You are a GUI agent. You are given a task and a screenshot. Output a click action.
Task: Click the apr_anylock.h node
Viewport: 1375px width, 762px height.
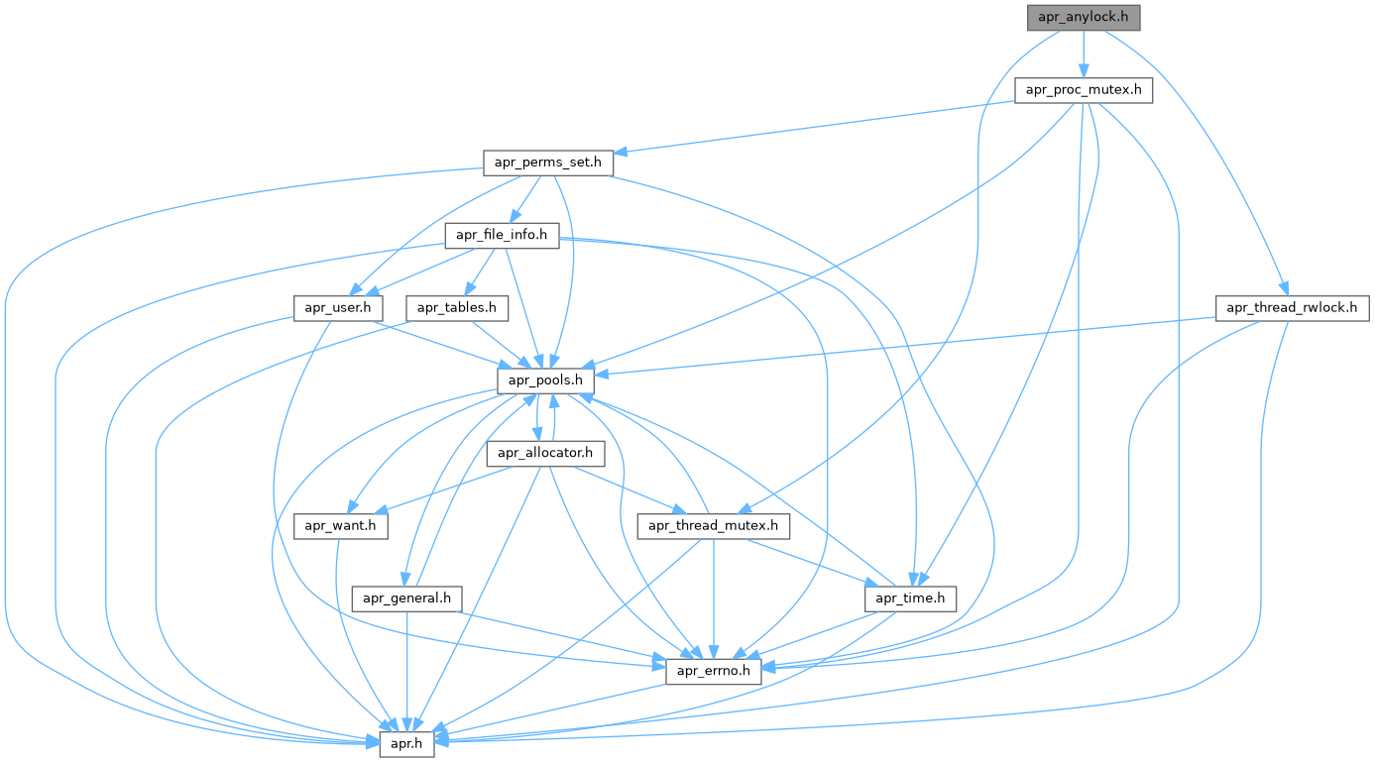click(1084, 17)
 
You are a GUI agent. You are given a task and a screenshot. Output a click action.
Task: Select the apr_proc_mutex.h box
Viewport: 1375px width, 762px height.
click(1084, 90)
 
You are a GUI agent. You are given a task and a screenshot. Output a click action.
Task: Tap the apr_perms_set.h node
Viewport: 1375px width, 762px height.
click(548, 163)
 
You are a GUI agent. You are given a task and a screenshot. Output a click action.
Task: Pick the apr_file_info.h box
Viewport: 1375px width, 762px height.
click(502, 236)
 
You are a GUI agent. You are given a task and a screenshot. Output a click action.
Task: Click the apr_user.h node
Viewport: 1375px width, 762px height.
click(338, 308)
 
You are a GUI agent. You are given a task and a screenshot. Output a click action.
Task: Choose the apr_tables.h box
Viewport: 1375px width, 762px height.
click(457, 308)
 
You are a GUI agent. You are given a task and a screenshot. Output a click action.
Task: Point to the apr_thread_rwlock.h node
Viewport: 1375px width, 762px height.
click(1292, 308)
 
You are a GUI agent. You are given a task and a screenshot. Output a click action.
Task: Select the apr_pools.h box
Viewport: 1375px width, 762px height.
click(545, 381)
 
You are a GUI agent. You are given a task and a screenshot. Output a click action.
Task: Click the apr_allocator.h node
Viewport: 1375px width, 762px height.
click(545, 454)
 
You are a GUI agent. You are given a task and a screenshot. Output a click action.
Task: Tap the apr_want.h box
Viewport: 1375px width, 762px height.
click(341, 526)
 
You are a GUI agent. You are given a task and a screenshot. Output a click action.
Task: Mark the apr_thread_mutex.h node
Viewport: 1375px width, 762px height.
click(714, 526)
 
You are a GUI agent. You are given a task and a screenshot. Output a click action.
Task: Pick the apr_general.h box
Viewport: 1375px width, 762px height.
click(407, 599)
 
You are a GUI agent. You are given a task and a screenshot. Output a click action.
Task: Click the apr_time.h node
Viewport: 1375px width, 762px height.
click(910, 599)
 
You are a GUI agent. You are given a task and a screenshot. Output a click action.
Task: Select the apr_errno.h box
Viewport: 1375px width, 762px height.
click(714, 672)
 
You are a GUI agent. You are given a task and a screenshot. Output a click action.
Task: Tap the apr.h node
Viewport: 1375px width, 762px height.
click(407, 744)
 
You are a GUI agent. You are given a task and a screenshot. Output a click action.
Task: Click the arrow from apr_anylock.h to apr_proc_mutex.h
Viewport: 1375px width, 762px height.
click(1084, 54)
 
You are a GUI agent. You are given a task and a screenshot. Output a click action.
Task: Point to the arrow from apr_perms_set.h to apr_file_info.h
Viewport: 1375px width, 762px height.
click(525, 199)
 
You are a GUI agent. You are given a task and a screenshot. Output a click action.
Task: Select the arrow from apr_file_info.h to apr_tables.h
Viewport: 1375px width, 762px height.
click(480, 272)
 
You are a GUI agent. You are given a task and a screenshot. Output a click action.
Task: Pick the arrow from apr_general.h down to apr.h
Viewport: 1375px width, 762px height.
click(407, 672)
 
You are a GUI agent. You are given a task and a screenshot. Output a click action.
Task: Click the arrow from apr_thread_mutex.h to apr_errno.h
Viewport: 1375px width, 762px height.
click(714, 599)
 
